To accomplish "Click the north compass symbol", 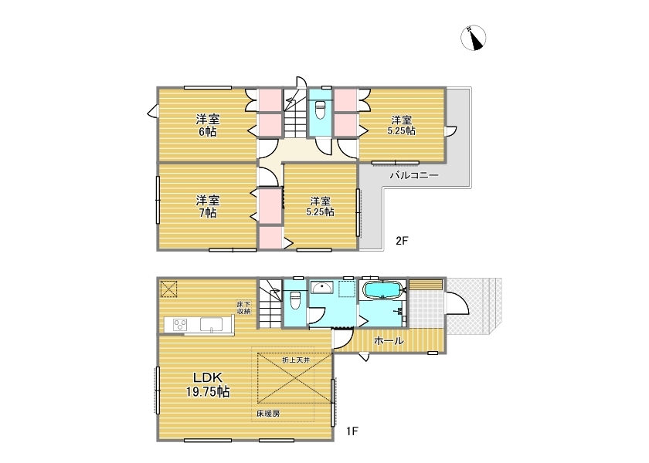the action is pos(473,38).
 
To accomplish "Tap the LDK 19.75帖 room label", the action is pos(208,384).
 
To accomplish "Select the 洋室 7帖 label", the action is pos(208,207).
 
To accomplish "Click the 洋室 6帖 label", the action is pos(208,126).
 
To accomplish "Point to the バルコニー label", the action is pos(414,176).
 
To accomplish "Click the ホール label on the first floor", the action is pos(389,341).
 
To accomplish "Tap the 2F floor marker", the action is pos(402,241).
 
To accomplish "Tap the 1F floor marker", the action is pos(352,431).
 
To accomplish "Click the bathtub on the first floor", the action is pos(383,290).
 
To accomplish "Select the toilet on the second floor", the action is pos(321,109).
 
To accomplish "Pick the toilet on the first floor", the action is pos(294,299).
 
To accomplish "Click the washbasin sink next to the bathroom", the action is pos(322,287).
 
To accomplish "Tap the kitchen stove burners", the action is pos(181,325).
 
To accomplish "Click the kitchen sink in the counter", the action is pos(212,325).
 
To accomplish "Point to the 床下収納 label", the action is pos(243,308).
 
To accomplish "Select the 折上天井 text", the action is pos(296,360).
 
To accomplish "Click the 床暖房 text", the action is pos(268,413).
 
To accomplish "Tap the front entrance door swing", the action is pos(457,305).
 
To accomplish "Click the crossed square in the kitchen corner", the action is pos(168,289).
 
